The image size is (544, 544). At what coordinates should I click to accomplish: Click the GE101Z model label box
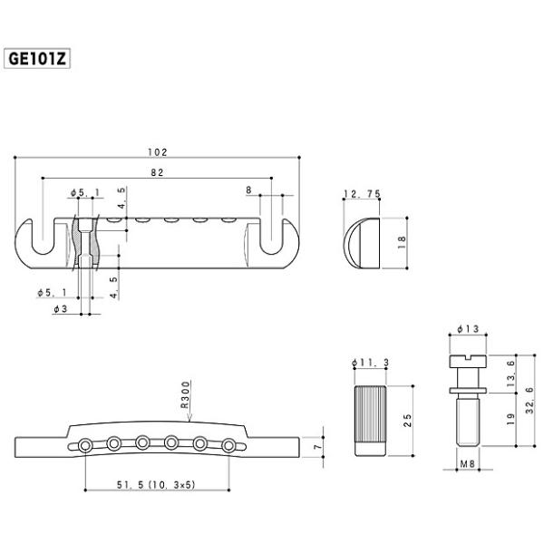click(x=37, y=58)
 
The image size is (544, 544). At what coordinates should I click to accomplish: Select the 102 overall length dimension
click(x=158, y=152)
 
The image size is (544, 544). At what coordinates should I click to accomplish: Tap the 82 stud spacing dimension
click(x=157, y=172)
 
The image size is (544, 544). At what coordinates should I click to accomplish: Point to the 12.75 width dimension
click(x=362, y=194)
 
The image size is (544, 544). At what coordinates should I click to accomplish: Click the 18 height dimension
click(x=402, y=242)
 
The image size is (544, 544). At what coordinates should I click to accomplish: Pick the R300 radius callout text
click(x=186, y=394)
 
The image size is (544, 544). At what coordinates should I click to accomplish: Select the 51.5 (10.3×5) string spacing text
click(x=156, y=485)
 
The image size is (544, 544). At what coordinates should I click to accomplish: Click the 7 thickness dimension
click(x=317, y=447)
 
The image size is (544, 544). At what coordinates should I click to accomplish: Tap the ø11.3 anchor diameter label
click(x=370, y=363)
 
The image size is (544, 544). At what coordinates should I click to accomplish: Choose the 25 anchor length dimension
click(x=408, y=421)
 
